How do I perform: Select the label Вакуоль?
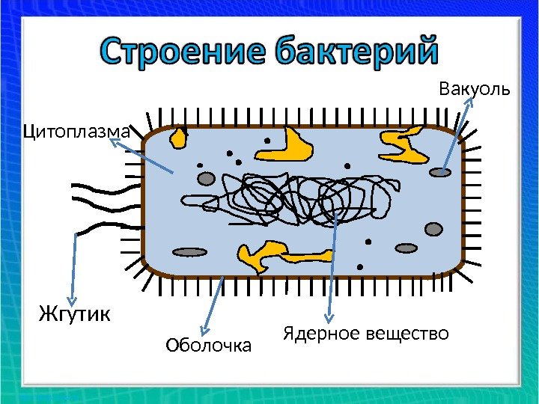[x=474, y=90]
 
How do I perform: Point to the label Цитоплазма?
[x=77, y=132]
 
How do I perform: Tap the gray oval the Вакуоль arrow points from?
[x=440, y=172]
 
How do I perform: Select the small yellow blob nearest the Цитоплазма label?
[x=180, y=138]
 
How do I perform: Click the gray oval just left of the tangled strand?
[x=206, y=179]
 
